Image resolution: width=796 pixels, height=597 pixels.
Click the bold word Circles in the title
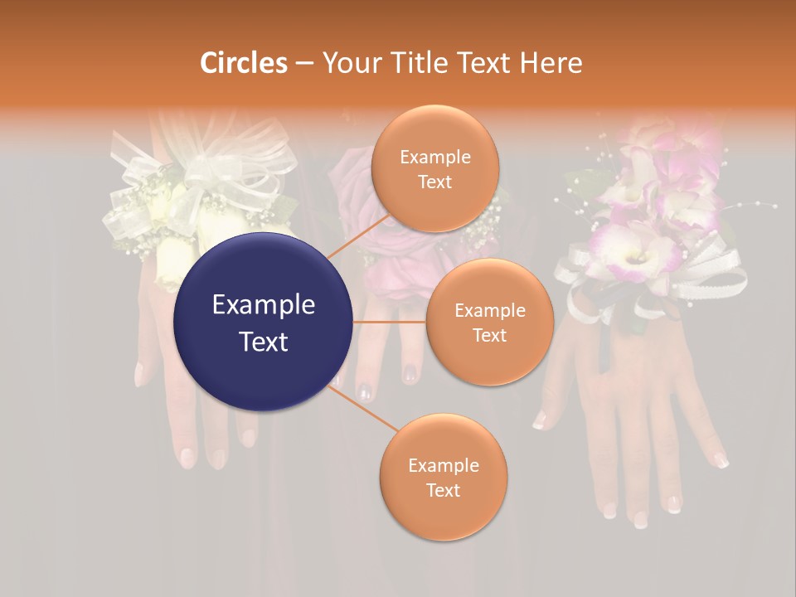click(244, 63)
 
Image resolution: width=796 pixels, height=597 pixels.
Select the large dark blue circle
click(264, 323)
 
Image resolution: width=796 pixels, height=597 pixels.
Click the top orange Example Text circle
click(434, 168)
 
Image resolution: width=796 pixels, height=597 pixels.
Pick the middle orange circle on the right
click(489, 322)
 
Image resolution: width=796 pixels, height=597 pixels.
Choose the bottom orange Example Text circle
click(443, 477)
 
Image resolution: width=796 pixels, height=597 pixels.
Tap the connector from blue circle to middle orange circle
click(390, 322)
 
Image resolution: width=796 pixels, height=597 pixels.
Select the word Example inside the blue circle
click(264, 305)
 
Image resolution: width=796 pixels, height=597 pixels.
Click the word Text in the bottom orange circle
click(443, 490)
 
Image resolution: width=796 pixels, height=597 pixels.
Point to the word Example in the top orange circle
click(434, 157)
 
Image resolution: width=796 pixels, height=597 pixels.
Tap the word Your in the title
click(347, 63)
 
